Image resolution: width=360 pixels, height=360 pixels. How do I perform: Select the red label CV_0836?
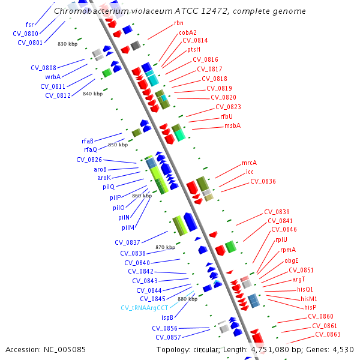coord(263,181)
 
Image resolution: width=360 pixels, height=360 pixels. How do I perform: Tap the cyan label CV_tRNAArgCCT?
coord(145,308)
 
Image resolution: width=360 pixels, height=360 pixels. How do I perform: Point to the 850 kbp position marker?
coord(118,145)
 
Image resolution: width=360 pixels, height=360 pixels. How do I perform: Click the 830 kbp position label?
coord(67,44)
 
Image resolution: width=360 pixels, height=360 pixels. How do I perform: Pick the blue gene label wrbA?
coord(53,77)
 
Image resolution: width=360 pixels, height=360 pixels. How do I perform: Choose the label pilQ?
coord(108,187)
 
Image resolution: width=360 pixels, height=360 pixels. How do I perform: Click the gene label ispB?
coord(167,317)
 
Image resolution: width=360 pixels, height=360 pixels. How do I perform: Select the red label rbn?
coord(179,23)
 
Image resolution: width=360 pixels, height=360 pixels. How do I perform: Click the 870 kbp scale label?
coord(165,247)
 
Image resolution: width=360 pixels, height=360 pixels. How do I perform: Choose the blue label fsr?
coord(29,25)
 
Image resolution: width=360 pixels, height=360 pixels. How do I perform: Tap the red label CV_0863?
coord(328,334)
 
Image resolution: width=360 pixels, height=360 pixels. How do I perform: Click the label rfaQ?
coord(90,149)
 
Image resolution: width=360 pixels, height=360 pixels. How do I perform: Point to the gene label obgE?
coord(292,260)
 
